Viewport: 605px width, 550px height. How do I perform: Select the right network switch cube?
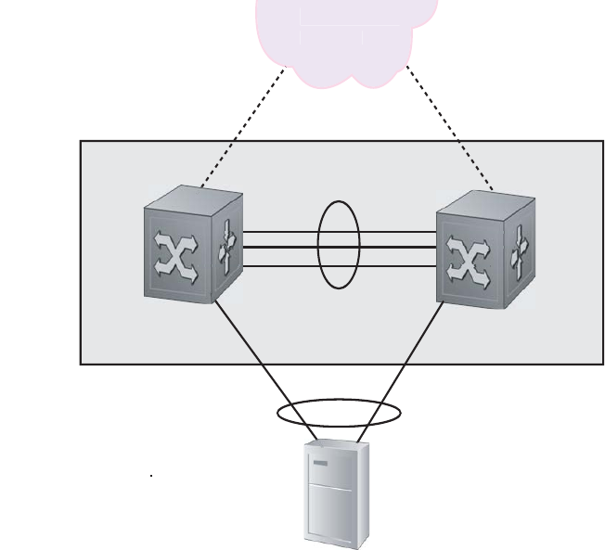[x=484, y=251]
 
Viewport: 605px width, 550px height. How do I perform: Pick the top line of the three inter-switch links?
[x=278, y=234]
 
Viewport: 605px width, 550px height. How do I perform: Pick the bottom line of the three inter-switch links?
[x=278, y=265]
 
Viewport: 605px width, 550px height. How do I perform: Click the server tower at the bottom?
[x=337, y=495]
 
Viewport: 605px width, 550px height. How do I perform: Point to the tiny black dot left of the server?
[x=151, y=476]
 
